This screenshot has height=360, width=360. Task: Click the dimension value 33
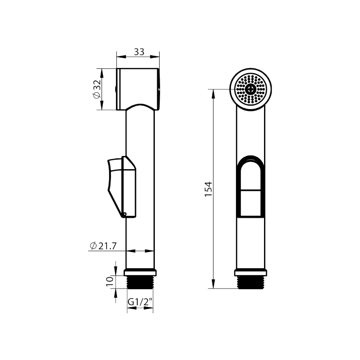[x=139, y=52]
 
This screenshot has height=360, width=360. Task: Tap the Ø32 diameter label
[x=97, y=89]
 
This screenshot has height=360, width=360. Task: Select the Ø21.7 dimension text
[x=103, y=246]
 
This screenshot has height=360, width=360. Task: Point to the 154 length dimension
[x=208, y=189]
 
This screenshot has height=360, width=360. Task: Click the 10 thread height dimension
[x=110, y=281]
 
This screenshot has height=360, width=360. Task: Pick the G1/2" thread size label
[x=140, y=302]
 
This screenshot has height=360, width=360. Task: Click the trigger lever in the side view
[x=122, y=187]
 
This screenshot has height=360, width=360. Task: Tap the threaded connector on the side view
[x=140, y=282]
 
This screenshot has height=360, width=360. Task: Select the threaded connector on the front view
[x=250, y=282]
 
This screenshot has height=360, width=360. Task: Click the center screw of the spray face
[x=250, y=89]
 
